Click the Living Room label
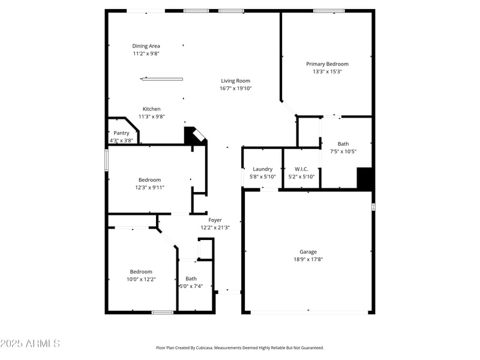[235, 81]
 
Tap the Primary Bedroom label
[327, 64]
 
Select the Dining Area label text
[146, 46]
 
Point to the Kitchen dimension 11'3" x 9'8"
[151, 116]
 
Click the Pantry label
[121, 133]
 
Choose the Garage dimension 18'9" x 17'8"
[308, 259]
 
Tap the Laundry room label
[262, 169]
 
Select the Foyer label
[215, 220]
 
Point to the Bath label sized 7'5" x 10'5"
[343, 144]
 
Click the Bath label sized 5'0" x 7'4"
[191, 278]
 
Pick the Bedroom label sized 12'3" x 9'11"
[149, 180]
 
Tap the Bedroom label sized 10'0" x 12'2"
[141, 272]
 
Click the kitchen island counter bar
[162, 79]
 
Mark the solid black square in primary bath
[365, 178]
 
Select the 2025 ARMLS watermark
[30, 344]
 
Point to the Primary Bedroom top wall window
[329, 10]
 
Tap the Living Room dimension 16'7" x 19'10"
[235, 88]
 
